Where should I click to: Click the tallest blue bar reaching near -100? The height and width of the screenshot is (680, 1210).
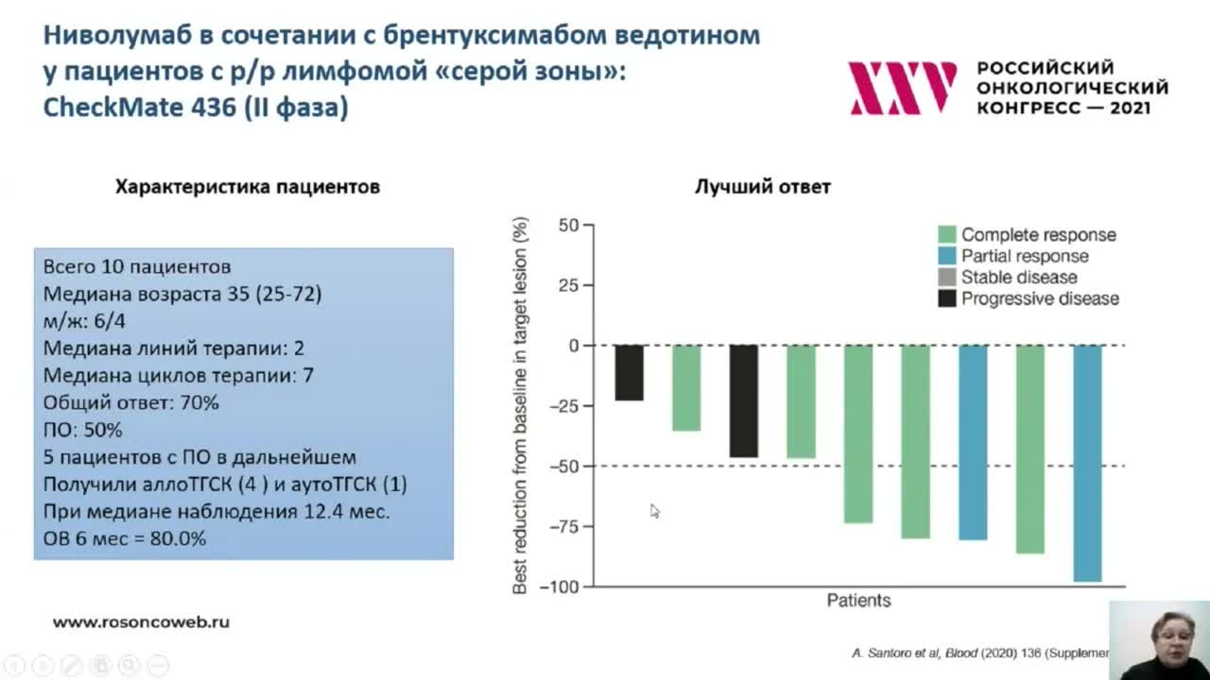coord(1088,463)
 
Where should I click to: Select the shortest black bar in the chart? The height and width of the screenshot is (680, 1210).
coord(630,372)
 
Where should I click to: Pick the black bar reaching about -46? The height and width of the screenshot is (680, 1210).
coord(744,400)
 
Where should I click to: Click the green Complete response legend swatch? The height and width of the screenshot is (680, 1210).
coord(947,235)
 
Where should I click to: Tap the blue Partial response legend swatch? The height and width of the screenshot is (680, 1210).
coord(947,257)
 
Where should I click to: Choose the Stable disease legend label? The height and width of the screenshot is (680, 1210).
coord(1019,278)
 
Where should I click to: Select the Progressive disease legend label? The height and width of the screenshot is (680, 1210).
coord(1040,298)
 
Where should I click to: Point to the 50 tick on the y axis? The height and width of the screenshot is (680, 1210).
coord(567,226)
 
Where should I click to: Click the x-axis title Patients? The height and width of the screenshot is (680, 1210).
coord(858,601)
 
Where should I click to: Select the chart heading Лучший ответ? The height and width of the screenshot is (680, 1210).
coord(763,187)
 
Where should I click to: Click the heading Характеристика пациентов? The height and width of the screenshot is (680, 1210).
coord(248,187)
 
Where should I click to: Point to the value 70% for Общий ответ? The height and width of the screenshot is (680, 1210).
coord(199,403)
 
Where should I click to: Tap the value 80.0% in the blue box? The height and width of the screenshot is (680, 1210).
coord(178,539)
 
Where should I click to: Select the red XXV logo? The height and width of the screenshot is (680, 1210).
coord(902,88)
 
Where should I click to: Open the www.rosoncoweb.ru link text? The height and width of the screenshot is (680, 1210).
coord(141,622)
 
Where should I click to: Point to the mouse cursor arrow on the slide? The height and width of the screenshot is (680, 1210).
coord(653,510)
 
